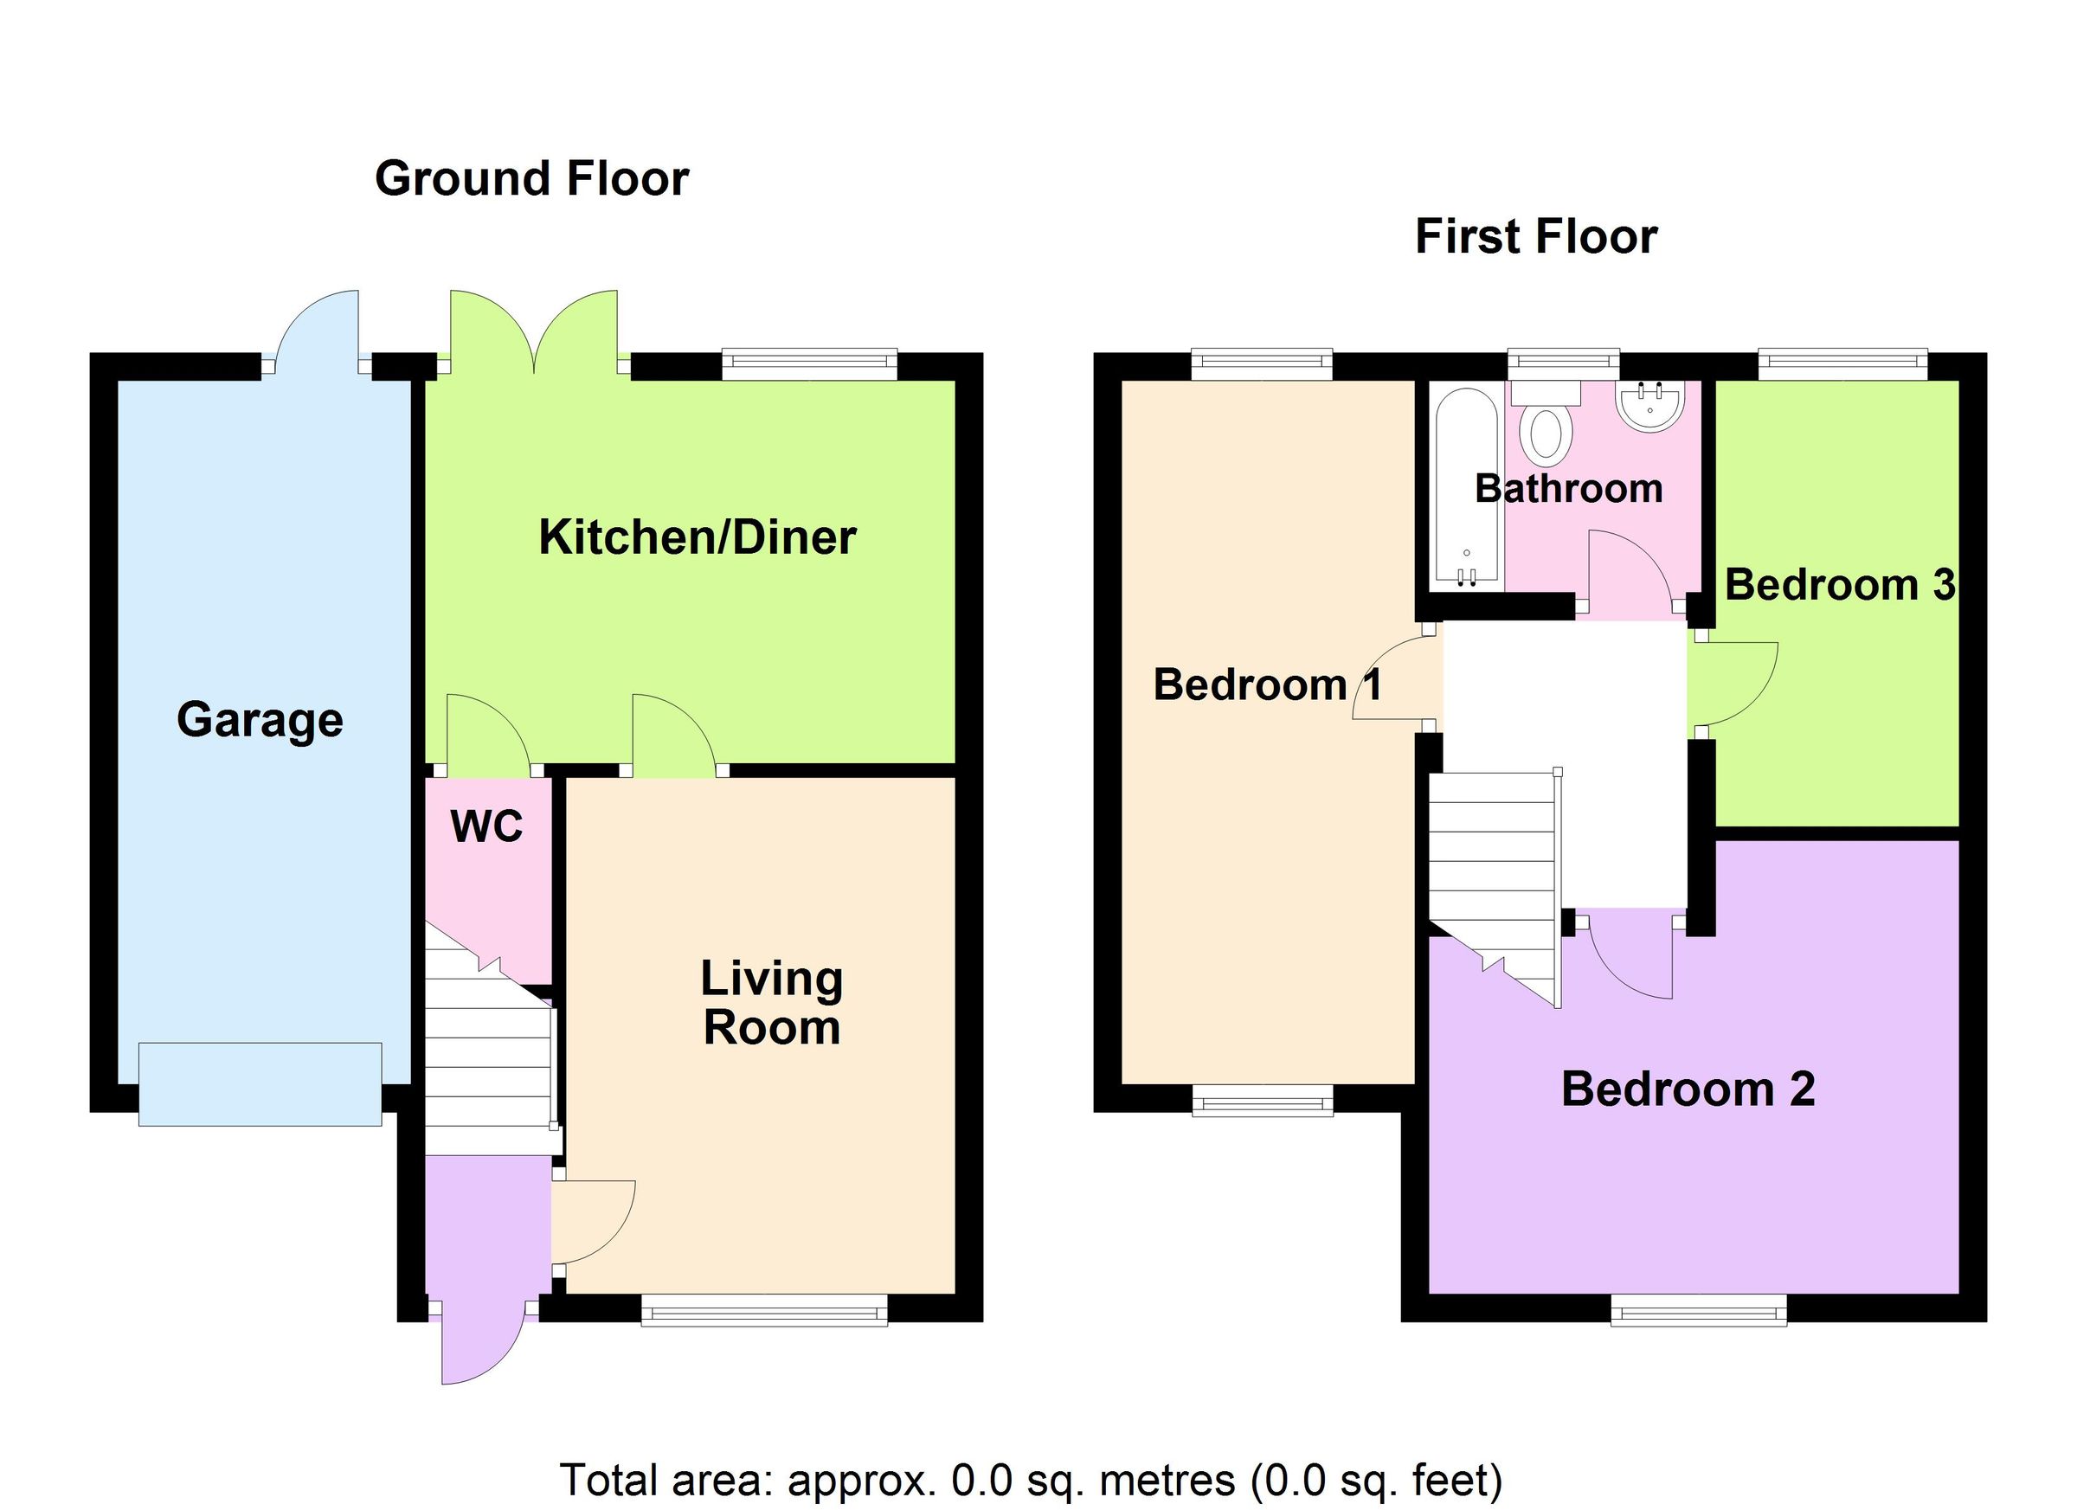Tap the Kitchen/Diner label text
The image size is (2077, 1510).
tap(697, 537)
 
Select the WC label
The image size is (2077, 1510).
tap(486, 827)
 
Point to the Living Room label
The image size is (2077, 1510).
tap(771, 1003)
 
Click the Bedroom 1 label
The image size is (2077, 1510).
tap(1266, 685)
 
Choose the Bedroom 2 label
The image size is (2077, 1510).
tap(1688, 1089)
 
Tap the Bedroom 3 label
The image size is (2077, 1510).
tap(1839, 585)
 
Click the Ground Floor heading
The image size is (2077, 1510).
tap(531, 178)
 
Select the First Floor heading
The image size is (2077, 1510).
tap(1536, 237)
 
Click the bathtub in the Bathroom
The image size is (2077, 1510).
tap(1466, 487)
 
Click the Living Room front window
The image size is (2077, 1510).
tap(764, 1309)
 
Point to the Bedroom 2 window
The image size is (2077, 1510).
tap(1698, 1309)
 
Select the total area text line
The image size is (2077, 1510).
tap(1030, 1480)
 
